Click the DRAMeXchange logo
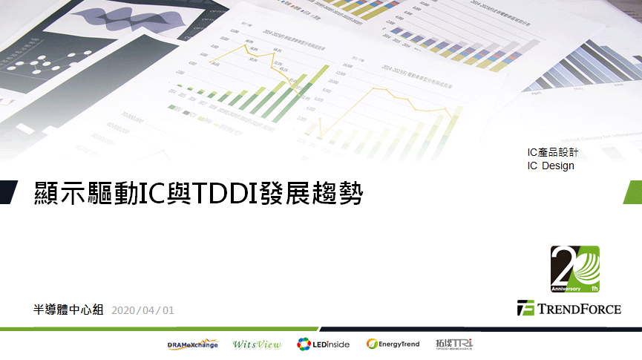[x=193, y=344]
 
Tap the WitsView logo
[x=256, y=344]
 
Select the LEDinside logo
[x=323, y=344]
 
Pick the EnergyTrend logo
[x=393, y=344]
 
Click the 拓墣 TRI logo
[x=454, y=344]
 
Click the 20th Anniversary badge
[x=574, y=269]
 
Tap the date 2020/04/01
[x=143, y=310]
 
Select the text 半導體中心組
[x=68, y=310]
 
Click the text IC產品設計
[x=552, y=152]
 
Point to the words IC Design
[x=551, y=166]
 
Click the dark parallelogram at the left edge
[x=7, y=192]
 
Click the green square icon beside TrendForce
[x=525, y=308]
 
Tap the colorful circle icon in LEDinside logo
[x=304, y=344]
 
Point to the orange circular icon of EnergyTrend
[x=372, y=344]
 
